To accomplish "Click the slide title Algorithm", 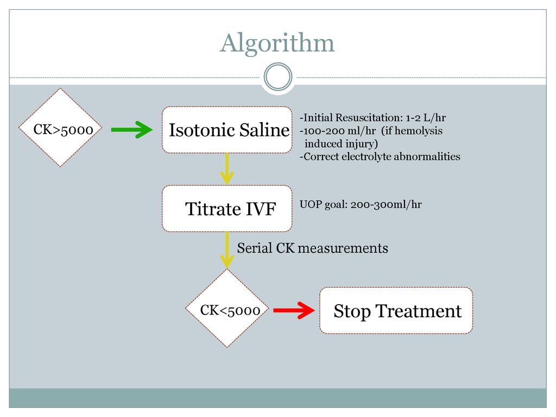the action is coord(277,43).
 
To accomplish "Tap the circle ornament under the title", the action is coord(278,64).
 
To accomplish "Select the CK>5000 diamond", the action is coord(61,127).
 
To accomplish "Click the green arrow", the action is coord(131,130).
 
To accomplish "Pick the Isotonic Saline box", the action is coord(228,130).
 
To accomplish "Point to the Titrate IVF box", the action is coord(228,208).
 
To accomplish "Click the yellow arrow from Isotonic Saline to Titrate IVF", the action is coord(227,169).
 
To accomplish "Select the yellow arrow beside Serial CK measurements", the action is coord(227,250).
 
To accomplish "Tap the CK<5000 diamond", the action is coord(228,308).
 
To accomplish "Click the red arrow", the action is coord(294,310).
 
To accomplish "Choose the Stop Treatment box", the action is coord(396,311).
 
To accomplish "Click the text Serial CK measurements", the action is coord(312,248).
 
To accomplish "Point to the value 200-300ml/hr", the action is coord(386,205).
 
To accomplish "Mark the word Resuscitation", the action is coord(369,118).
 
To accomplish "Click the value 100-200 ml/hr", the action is coord(339,131).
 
